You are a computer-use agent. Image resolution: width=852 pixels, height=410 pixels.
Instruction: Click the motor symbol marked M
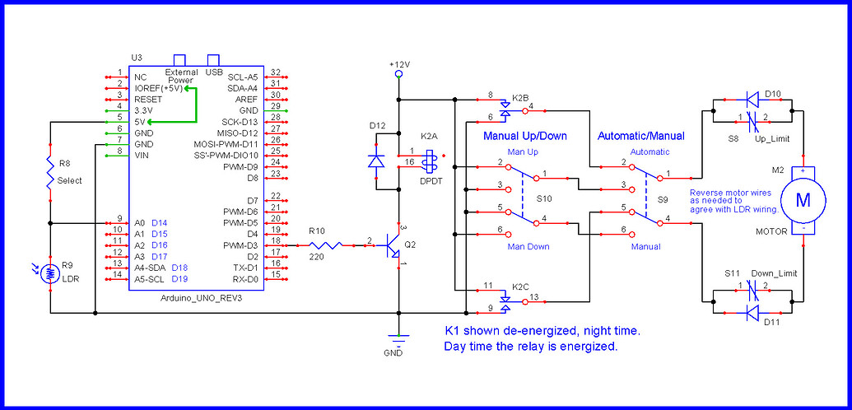pos(803,200)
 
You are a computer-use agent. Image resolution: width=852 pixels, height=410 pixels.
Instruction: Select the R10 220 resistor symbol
pos(325,245)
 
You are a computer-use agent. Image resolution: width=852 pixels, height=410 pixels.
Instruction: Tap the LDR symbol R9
pos(50,274)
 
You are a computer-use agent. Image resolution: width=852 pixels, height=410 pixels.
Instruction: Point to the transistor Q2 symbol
pos(393,245)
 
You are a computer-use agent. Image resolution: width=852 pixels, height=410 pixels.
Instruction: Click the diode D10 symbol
pos(752,99)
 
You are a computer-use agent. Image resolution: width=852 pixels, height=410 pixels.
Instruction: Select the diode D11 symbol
pos(752,313)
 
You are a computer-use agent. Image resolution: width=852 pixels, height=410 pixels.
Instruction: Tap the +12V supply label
pos(399,64)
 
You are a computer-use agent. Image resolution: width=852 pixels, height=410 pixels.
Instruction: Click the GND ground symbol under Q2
pos(398,341)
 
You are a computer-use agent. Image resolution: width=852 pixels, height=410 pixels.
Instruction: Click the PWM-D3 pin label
pos(242,246)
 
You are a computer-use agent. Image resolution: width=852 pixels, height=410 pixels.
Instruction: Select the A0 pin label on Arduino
pos(140,223)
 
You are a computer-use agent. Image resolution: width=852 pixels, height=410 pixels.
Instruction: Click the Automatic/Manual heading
pos(641,136)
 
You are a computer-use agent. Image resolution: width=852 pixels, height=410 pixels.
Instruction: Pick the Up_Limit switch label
pos(772,139)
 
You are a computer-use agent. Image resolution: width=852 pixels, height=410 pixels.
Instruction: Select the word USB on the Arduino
pos(214,72)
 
